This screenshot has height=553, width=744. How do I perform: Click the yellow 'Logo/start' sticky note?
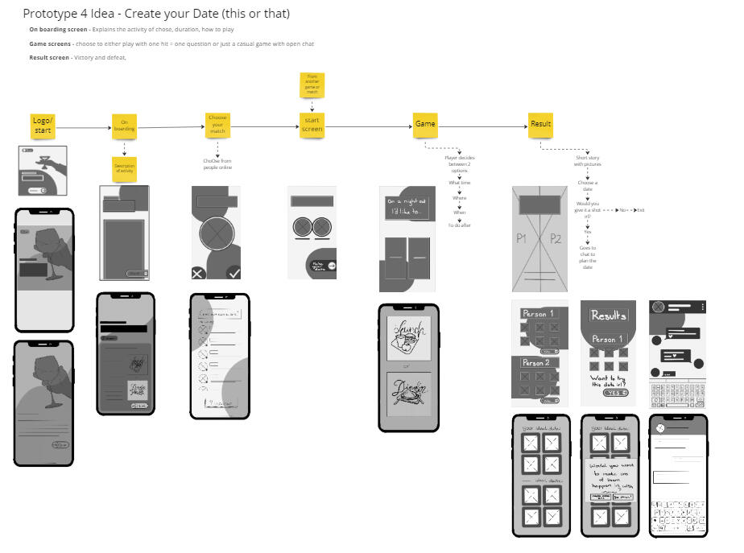click(x=42, y=125)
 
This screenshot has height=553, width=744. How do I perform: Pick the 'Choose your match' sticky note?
click(x=217, y=126)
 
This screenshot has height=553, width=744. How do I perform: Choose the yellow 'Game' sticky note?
click(x=425, y=125)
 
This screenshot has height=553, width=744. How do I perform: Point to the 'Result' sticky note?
click(x=540, y=125)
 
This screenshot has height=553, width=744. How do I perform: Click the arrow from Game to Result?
click(x=483, y=126)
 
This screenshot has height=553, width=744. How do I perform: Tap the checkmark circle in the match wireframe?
click(x=234, y=273)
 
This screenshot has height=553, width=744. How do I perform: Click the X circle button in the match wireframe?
click(x=198, y=274)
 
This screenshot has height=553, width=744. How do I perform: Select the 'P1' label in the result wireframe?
click(x=521, y=238)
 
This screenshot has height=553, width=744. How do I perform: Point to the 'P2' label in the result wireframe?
click(x=556, y=238)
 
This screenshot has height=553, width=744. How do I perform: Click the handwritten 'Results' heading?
click(x=608, y=316)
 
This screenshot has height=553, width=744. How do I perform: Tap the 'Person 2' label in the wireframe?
click(x=535, y=363)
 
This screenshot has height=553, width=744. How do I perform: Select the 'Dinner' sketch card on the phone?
click(x=409, y=395)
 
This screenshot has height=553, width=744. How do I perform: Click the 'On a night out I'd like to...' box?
click(x=407, y=207)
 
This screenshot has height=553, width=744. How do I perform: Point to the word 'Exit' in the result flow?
click(x=640, y=209)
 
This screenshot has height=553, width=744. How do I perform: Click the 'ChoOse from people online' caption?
click(x=217, y=163)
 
